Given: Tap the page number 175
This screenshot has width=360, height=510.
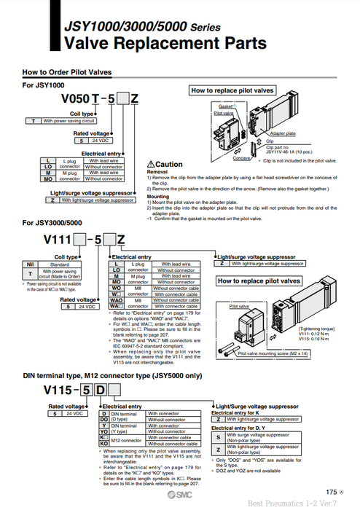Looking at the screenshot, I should pyautogui.click(x=332, y=492).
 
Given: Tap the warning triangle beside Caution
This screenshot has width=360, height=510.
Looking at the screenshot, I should pyautogui.click(x=150, y=165).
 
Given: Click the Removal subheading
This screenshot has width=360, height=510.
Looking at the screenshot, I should pyautogui.click(x=158, y=172).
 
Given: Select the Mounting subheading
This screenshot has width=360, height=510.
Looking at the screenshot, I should pyautogui.click(x=159, y=196).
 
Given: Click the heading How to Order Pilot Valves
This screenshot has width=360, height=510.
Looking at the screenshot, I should pyautogui.click(x=68, y=73).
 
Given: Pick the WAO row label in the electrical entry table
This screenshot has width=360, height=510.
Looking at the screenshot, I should pyautogui.click(x=116, y=299).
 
